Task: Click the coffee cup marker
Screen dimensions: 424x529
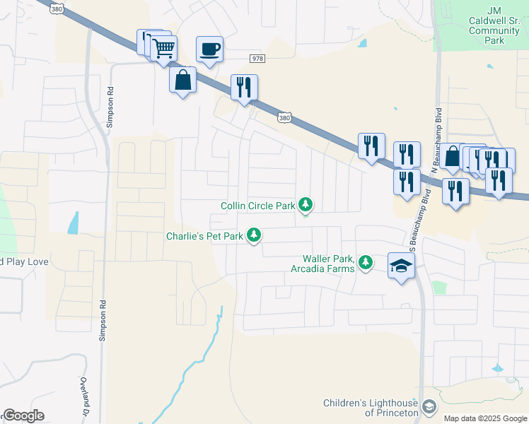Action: [209, 49]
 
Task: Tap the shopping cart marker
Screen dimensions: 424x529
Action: [163, 49]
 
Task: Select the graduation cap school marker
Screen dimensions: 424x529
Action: [401, 266]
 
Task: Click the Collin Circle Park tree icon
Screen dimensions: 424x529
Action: [306, 205]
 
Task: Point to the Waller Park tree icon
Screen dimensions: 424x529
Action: [365, 263]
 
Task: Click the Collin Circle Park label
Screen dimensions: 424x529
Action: [257, 206]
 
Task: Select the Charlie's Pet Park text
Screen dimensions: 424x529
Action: [204, 236]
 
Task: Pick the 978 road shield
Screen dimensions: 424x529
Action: [257, 59]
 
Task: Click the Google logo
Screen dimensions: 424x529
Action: [24, 416]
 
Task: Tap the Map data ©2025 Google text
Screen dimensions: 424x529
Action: [484, 418]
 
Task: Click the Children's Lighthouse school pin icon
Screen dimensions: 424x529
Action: [428, 407]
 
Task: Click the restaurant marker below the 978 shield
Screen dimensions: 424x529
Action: [244, 88]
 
